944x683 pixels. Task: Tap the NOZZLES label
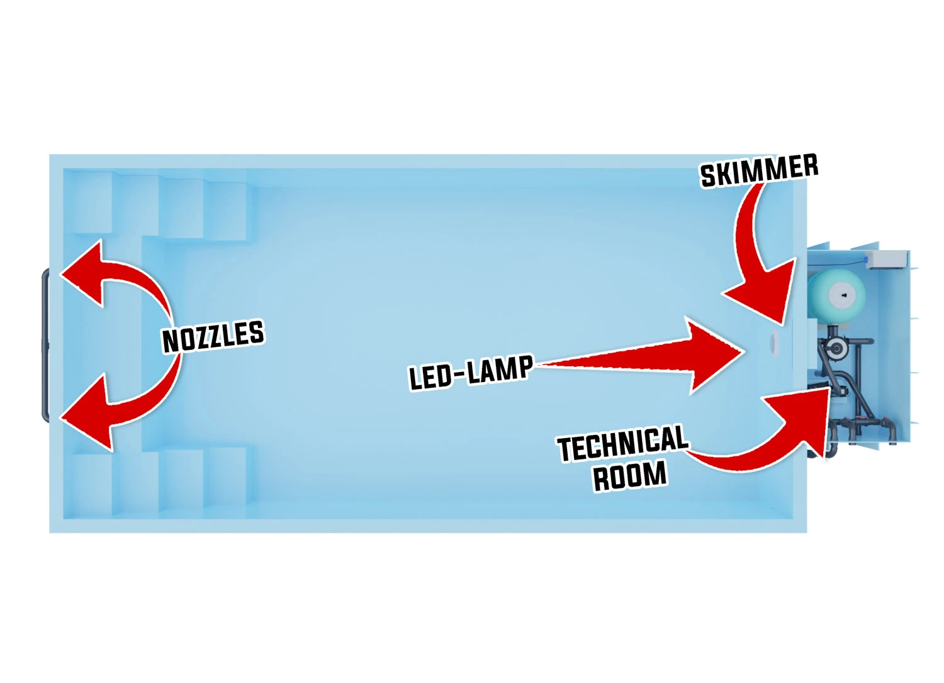[x=213, y=336]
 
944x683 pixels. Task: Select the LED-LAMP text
[x=471, y=373]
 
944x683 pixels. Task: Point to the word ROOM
[x=629, y=475]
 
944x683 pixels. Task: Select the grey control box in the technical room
[x=887, y=259]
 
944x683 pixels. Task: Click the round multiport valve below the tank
[x=836, y=348]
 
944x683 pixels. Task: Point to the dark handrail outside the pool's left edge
[x=45, y=345]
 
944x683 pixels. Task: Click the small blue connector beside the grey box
[x=867, y=259]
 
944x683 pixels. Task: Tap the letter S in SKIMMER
[x=709, y=177]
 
